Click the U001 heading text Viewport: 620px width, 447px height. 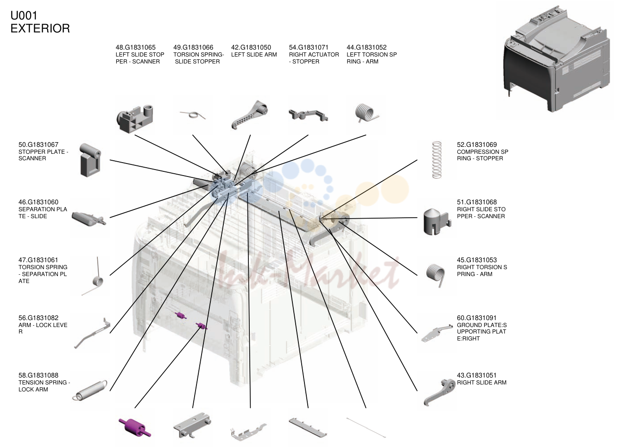tap(24, 15)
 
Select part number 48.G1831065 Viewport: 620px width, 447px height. tap(136, 47)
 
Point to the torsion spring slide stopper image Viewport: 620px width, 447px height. tap(193, 115)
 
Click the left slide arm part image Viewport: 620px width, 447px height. tap(249, 115)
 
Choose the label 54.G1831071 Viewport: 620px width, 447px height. tap(309, 47)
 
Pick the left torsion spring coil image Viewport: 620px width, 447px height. tap(365, 113)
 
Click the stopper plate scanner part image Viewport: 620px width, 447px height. tap(90, 160)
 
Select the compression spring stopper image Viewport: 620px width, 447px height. tap(437, 160)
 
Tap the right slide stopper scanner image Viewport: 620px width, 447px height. tap(437, 221)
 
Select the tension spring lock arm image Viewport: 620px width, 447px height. tap(90, 390)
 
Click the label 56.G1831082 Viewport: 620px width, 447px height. tap(38, 318)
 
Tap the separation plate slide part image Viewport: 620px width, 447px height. tap(89, 219)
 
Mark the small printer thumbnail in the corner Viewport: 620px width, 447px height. tap(557, 59)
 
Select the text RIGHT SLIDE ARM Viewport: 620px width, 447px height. tap(481, 383)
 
